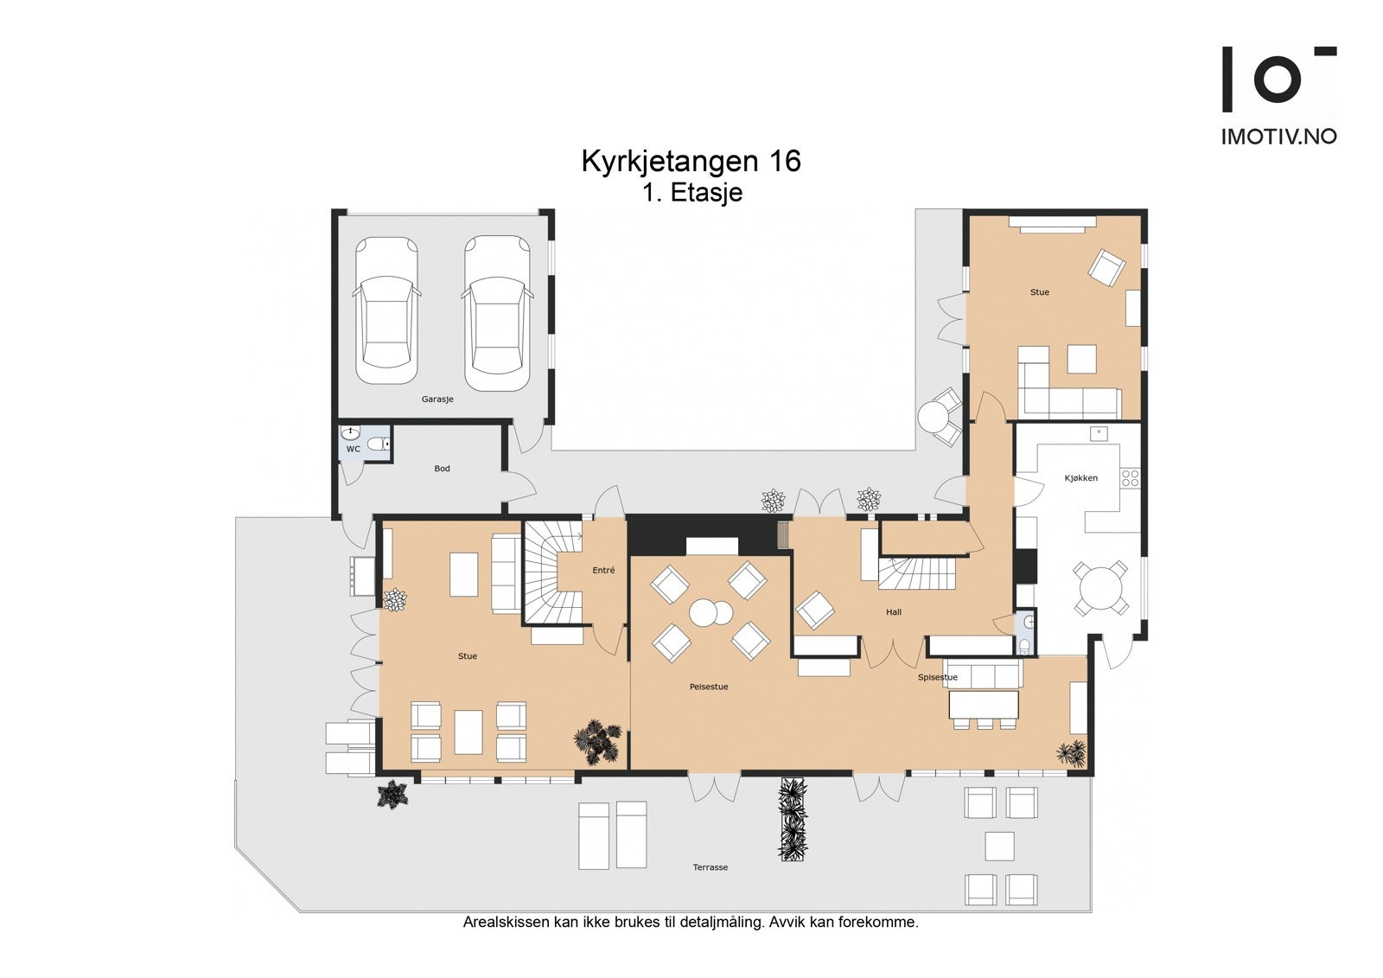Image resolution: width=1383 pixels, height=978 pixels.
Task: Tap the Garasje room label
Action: pyautogui.click(x=437, y=400)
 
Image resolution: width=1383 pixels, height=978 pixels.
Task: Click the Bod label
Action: pyautogui.click(x=442, y=469)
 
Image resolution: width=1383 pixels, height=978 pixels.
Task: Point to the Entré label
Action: pyautogui.click(x=603, y=570)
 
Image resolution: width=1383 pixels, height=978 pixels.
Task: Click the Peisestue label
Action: pyautogui.click(x=709, y=687)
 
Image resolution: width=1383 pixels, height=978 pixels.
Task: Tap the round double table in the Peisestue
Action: pyautogui.click(x=711, y=613)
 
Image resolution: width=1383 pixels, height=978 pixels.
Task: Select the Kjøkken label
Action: pyautogui.click(x=1081, y=477)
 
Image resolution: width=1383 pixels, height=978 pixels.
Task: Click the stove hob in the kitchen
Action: pyautogui.click(x=1130, y=476)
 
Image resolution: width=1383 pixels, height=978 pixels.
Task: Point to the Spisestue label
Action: pyautogui.click(x=938, y=677)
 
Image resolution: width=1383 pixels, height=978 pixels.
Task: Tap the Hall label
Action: pyautogui.click(x=894, y=612)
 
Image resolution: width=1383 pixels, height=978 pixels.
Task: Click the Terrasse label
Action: pyautogui.click(x=710, y=867)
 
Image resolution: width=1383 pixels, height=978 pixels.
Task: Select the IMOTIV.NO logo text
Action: pyautogui.click(x=1278, y=136)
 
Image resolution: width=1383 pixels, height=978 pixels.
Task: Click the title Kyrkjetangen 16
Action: pyautogui.click(x=691, y=162)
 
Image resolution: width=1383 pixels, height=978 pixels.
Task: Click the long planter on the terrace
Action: pyautogui.click(x=793, y=819)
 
